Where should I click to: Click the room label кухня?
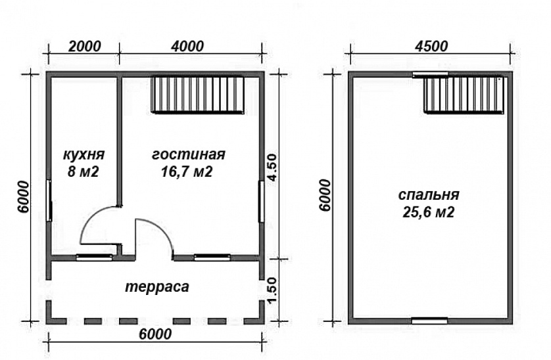point(84,154)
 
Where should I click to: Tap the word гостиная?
point(189,154)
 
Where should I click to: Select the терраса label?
point(157,287)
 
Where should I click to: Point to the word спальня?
point(429,195)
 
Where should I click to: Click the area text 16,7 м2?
point(187,171)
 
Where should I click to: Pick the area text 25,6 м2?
point(428,212)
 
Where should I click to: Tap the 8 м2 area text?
point(84,171)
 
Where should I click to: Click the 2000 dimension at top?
point(84,47)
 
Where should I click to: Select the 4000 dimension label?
point(187,47)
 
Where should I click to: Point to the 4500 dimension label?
point(431,47)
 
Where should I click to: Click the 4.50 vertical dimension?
point(272,168)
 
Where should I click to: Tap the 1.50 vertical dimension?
point(272,291)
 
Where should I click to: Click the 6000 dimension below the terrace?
point(155,334)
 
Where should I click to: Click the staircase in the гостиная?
point(198,95)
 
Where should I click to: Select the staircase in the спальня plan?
point(466,95)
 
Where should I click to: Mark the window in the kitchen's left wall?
point(49,200)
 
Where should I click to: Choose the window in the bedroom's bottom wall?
point(429,321)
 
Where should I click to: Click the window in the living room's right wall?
point(262,201)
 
